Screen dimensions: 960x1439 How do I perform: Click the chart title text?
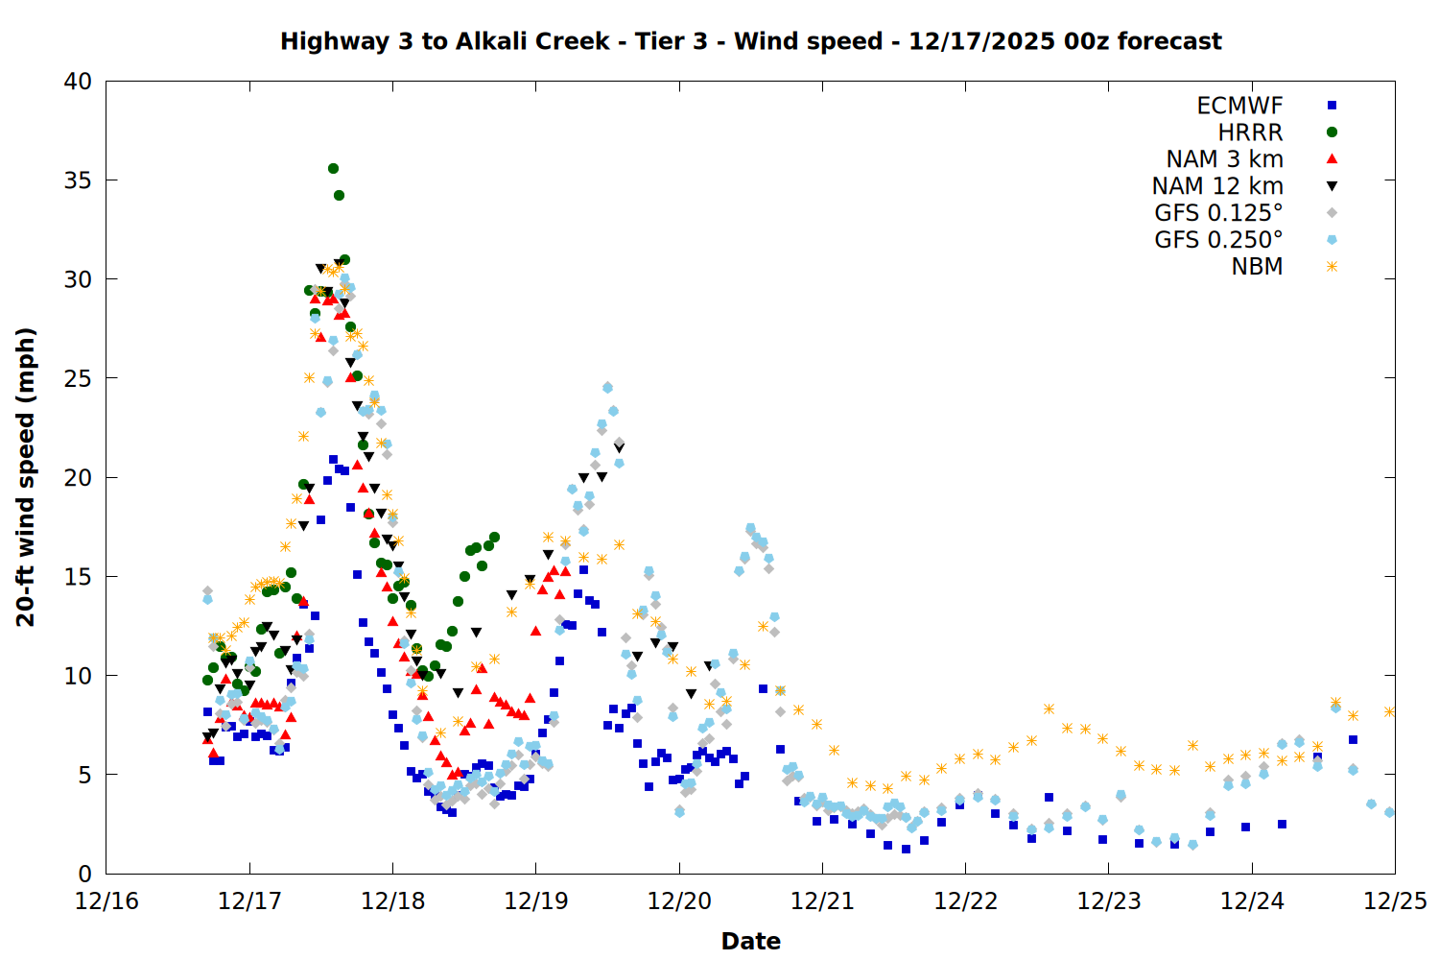750,41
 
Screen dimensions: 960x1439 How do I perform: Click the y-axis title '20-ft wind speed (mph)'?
26,477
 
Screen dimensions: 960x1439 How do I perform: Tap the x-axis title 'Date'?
750,941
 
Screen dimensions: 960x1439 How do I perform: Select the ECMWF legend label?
1239,106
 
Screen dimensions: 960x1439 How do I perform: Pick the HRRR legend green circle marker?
1332,132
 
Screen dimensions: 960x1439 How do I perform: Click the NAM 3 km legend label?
1224,159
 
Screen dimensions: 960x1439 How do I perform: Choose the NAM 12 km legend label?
1217,186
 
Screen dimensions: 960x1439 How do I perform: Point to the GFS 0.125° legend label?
1218,213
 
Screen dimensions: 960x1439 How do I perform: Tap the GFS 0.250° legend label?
1218,240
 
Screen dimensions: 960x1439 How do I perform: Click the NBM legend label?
1257,267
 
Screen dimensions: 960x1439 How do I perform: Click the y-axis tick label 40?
78,82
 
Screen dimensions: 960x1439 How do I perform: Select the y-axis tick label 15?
78,577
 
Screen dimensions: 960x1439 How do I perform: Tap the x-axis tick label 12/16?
106,901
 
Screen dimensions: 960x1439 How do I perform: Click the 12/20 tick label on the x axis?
679,901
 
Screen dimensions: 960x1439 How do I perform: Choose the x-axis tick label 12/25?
1395,901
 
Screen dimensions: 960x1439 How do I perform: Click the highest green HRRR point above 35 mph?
333,168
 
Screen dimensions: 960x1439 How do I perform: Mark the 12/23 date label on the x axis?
1109,901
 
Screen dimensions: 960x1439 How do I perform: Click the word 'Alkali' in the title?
492,41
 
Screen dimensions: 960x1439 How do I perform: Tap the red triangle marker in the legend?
1332,159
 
